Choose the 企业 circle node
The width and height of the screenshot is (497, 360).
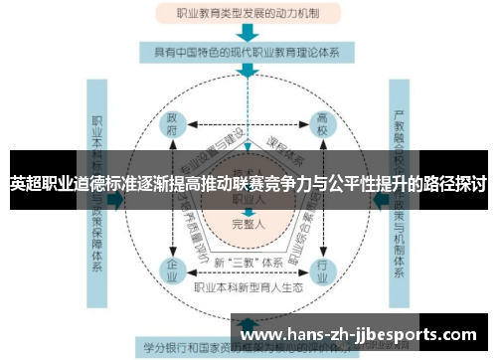pyautogui.click(x=174, y=268)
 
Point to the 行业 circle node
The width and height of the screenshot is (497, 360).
pyautogui.click(x=321, y=268)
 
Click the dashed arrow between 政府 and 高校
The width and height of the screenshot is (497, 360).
pyautogui.click(x=248, y=124)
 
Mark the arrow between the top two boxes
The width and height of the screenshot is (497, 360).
pyautogui.click(x=247, y=33)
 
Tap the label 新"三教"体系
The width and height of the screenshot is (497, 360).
pyautogui.click(x=247, y=261)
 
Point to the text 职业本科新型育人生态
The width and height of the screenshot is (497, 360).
pyautogui.click(x=248, y=288)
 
